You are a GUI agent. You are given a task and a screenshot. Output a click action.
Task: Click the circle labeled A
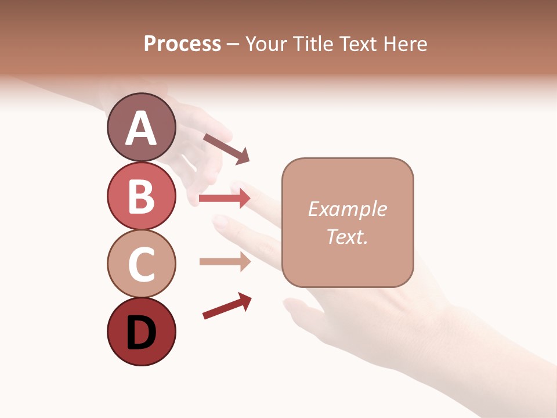pyautogui.click(x=141, y=128)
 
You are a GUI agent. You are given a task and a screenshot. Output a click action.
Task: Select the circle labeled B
pyautogui.click(x=141, y=196)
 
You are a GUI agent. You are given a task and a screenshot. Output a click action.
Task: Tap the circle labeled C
pyautogui.click(x=141, y=264)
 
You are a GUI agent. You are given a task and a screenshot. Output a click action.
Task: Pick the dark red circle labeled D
pyautogui.click(x=141, y=331)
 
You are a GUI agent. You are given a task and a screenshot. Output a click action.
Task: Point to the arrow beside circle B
pyautogui.click(x=225, y=199)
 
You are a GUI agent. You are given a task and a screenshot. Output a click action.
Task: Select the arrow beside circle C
pyautogui.click(x=225, y=261)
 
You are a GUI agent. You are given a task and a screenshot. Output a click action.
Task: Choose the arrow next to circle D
pyautogui.click(x=227, y=306)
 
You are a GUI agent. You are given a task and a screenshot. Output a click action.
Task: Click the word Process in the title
pyautogui.click(x=182, y=44)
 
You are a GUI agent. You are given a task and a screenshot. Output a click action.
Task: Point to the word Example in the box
pyautogui.click(x=347, y=209)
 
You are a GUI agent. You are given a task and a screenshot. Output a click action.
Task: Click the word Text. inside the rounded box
pyautogui.click(x=347, y=236)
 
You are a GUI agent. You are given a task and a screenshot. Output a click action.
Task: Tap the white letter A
pyautogui.click(x=141, y=129)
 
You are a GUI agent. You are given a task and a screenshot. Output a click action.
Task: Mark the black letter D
pyautogui.click(x=141, y=333)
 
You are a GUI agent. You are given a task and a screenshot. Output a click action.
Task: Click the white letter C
pyautogui.click(x=141, y=265)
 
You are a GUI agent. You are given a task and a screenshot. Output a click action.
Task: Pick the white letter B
pyautogui.click(x=141, y=197)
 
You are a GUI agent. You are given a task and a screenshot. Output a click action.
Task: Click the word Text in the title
pyautogui.click(x=357, y=44)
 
